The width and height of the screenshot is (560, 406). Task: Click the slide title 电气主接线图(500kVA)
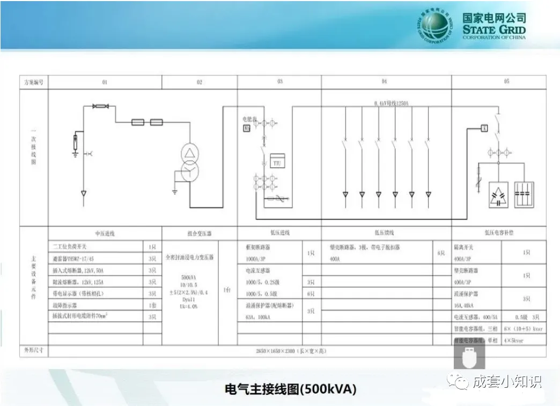click(290, 388)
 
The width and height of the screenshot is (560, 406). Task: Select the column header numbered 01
click(105, 82)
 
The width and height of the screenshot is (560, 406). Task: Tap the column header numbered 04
click(384, 82)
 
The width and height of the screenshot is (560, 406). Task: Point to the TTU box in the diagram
click(277, 161)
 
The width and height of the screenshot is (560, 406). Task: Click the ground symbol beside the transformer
click(175, 190)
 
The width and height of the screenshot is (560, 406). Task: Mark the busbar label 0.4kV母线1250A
click(392, 103)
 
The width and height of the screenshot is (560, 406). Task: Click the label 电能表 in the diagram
click(249, 119)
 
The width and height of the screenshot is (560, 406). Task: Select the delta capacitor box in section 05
click(498, 195)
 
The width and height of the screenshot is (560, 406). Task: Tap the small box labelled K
click(483, 128)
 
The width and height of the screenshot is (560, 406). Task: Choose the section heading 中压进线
click(105, 234)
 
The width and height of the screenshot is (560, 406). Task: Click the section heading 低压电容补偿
click(499, 234)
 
